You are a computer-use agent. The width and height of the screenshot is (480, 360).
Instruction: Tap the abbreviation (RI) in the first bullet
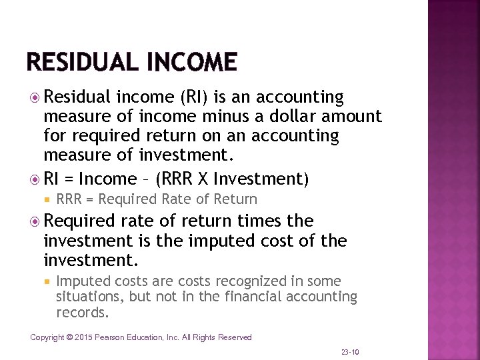click(195, 97)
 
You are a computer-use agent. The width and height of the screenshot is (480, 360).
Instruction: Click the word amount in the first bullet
click(354, 117)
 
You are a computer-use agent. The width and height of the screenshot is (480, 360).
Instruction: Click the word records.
click(82, 312)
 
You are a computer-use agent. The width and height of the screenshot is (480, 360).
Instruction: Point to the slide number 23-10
click(350, 351)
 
